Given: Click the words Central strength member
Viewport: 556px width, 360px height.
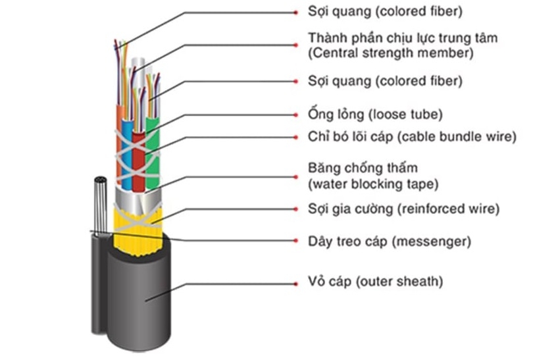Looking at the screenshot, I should click(x=390, y=52).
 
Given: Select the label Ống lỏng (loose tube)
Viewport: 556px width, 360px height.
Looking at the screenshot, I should click(x=375, y=114).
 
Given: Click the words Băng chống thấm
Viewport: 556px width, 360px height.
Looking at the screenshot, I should click(x=363, y=168).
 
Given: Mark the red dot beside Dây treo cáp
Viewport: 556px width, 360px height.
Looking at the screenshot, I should click(x=295, y=242).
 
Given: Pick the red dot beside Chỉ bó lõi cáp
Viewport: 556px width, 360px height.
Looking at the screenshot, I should click(x=295, y=138).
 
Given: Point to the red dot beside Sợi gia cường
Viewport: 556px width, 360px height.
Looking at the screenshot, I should click(x=295, y=209).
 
